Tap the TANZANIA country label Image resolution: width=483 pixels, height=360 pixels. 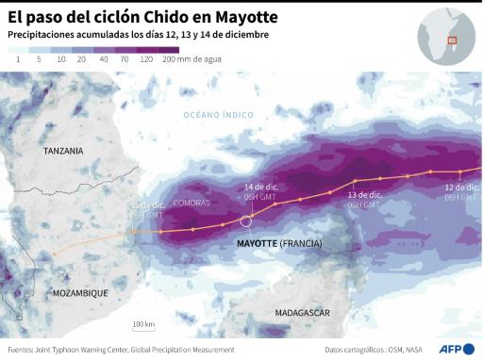(x=63, y=151)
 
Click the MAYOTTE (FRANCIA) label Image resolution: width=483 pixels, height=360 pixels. (x=278, y=243)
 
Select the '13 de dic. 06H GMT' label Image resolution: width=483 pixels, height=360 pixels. (x=363, y=199)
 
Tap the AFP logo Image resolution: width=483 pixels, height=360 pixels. (x=456, y=349)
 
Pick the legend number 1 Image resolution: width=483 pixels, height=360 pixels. (x=18, y=58)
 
